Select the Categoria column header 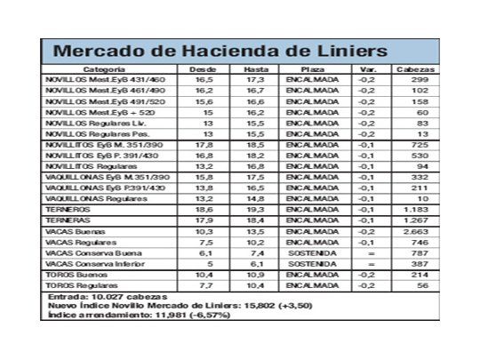click(104, 68)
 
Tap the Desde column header click(204, 68)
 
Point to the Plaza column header click(312, 68)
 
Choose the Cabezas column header click(414, 68)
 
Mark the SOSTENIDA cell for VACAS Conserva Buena click(312, 252)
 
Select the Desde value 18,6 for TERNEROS click(204, 208)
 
